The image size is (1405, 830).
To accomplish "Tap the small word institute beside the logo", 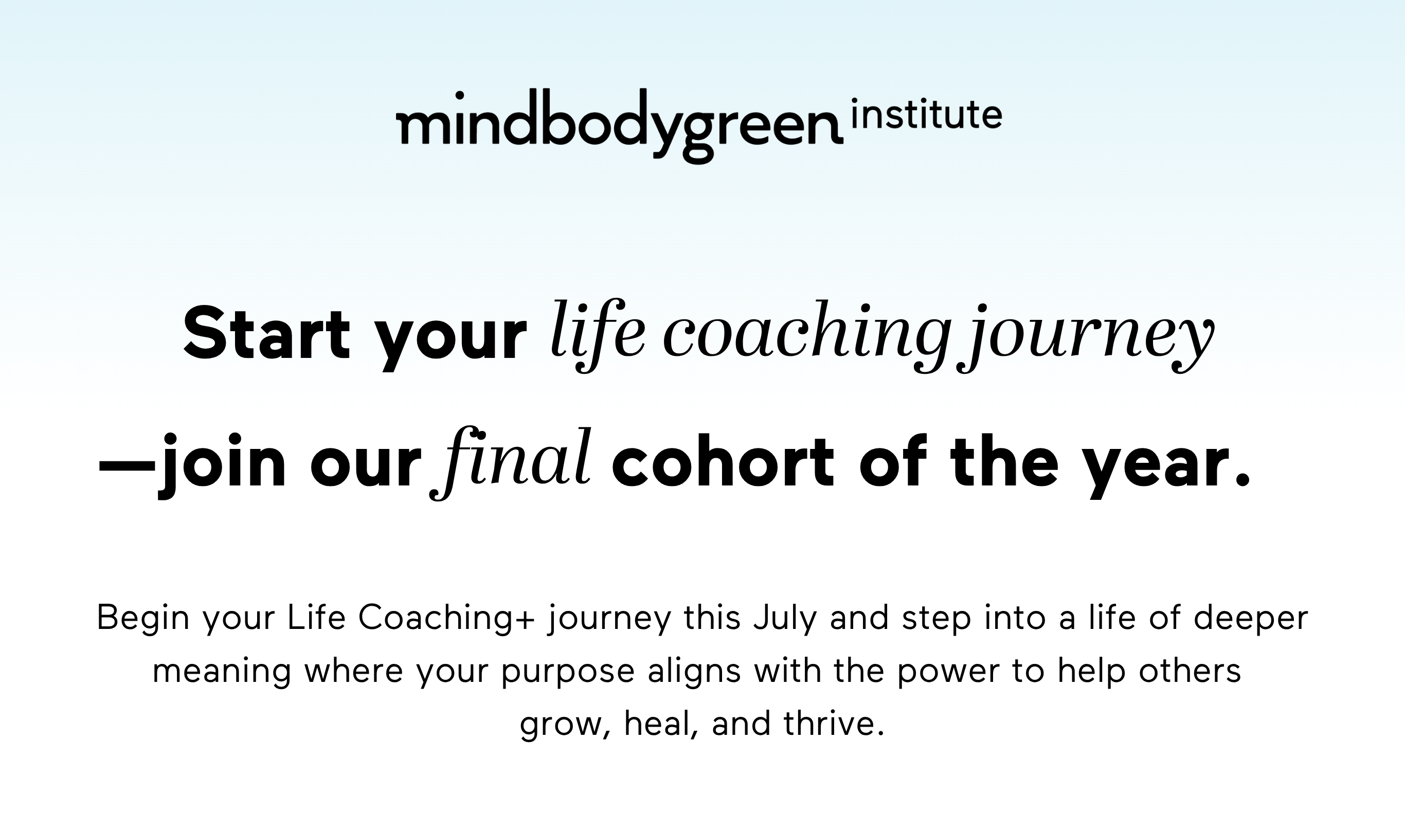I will pos(926,115).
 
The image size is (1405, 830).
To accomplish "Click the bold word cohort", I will pos(723,464).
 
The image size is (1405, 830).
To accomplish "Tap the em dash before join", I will pos(127,465).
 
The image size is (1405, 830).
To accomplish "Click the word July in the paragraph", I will pos(785,619).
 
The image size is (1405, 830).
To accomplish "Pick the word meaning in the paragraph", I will pos(222,671).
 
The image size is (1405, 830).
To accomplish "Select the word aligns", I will pos(694,671).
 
